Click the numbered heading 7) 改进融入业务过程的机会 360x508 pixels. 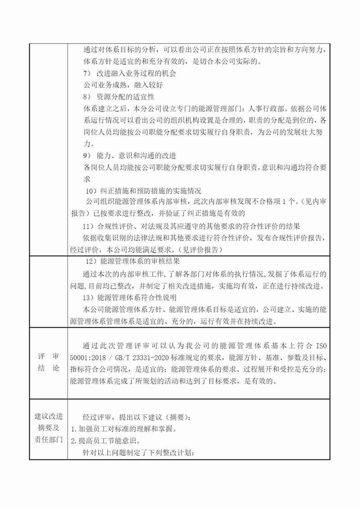coord(130,74)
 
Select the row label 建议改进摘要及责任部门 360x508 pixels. coord(48,427)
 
